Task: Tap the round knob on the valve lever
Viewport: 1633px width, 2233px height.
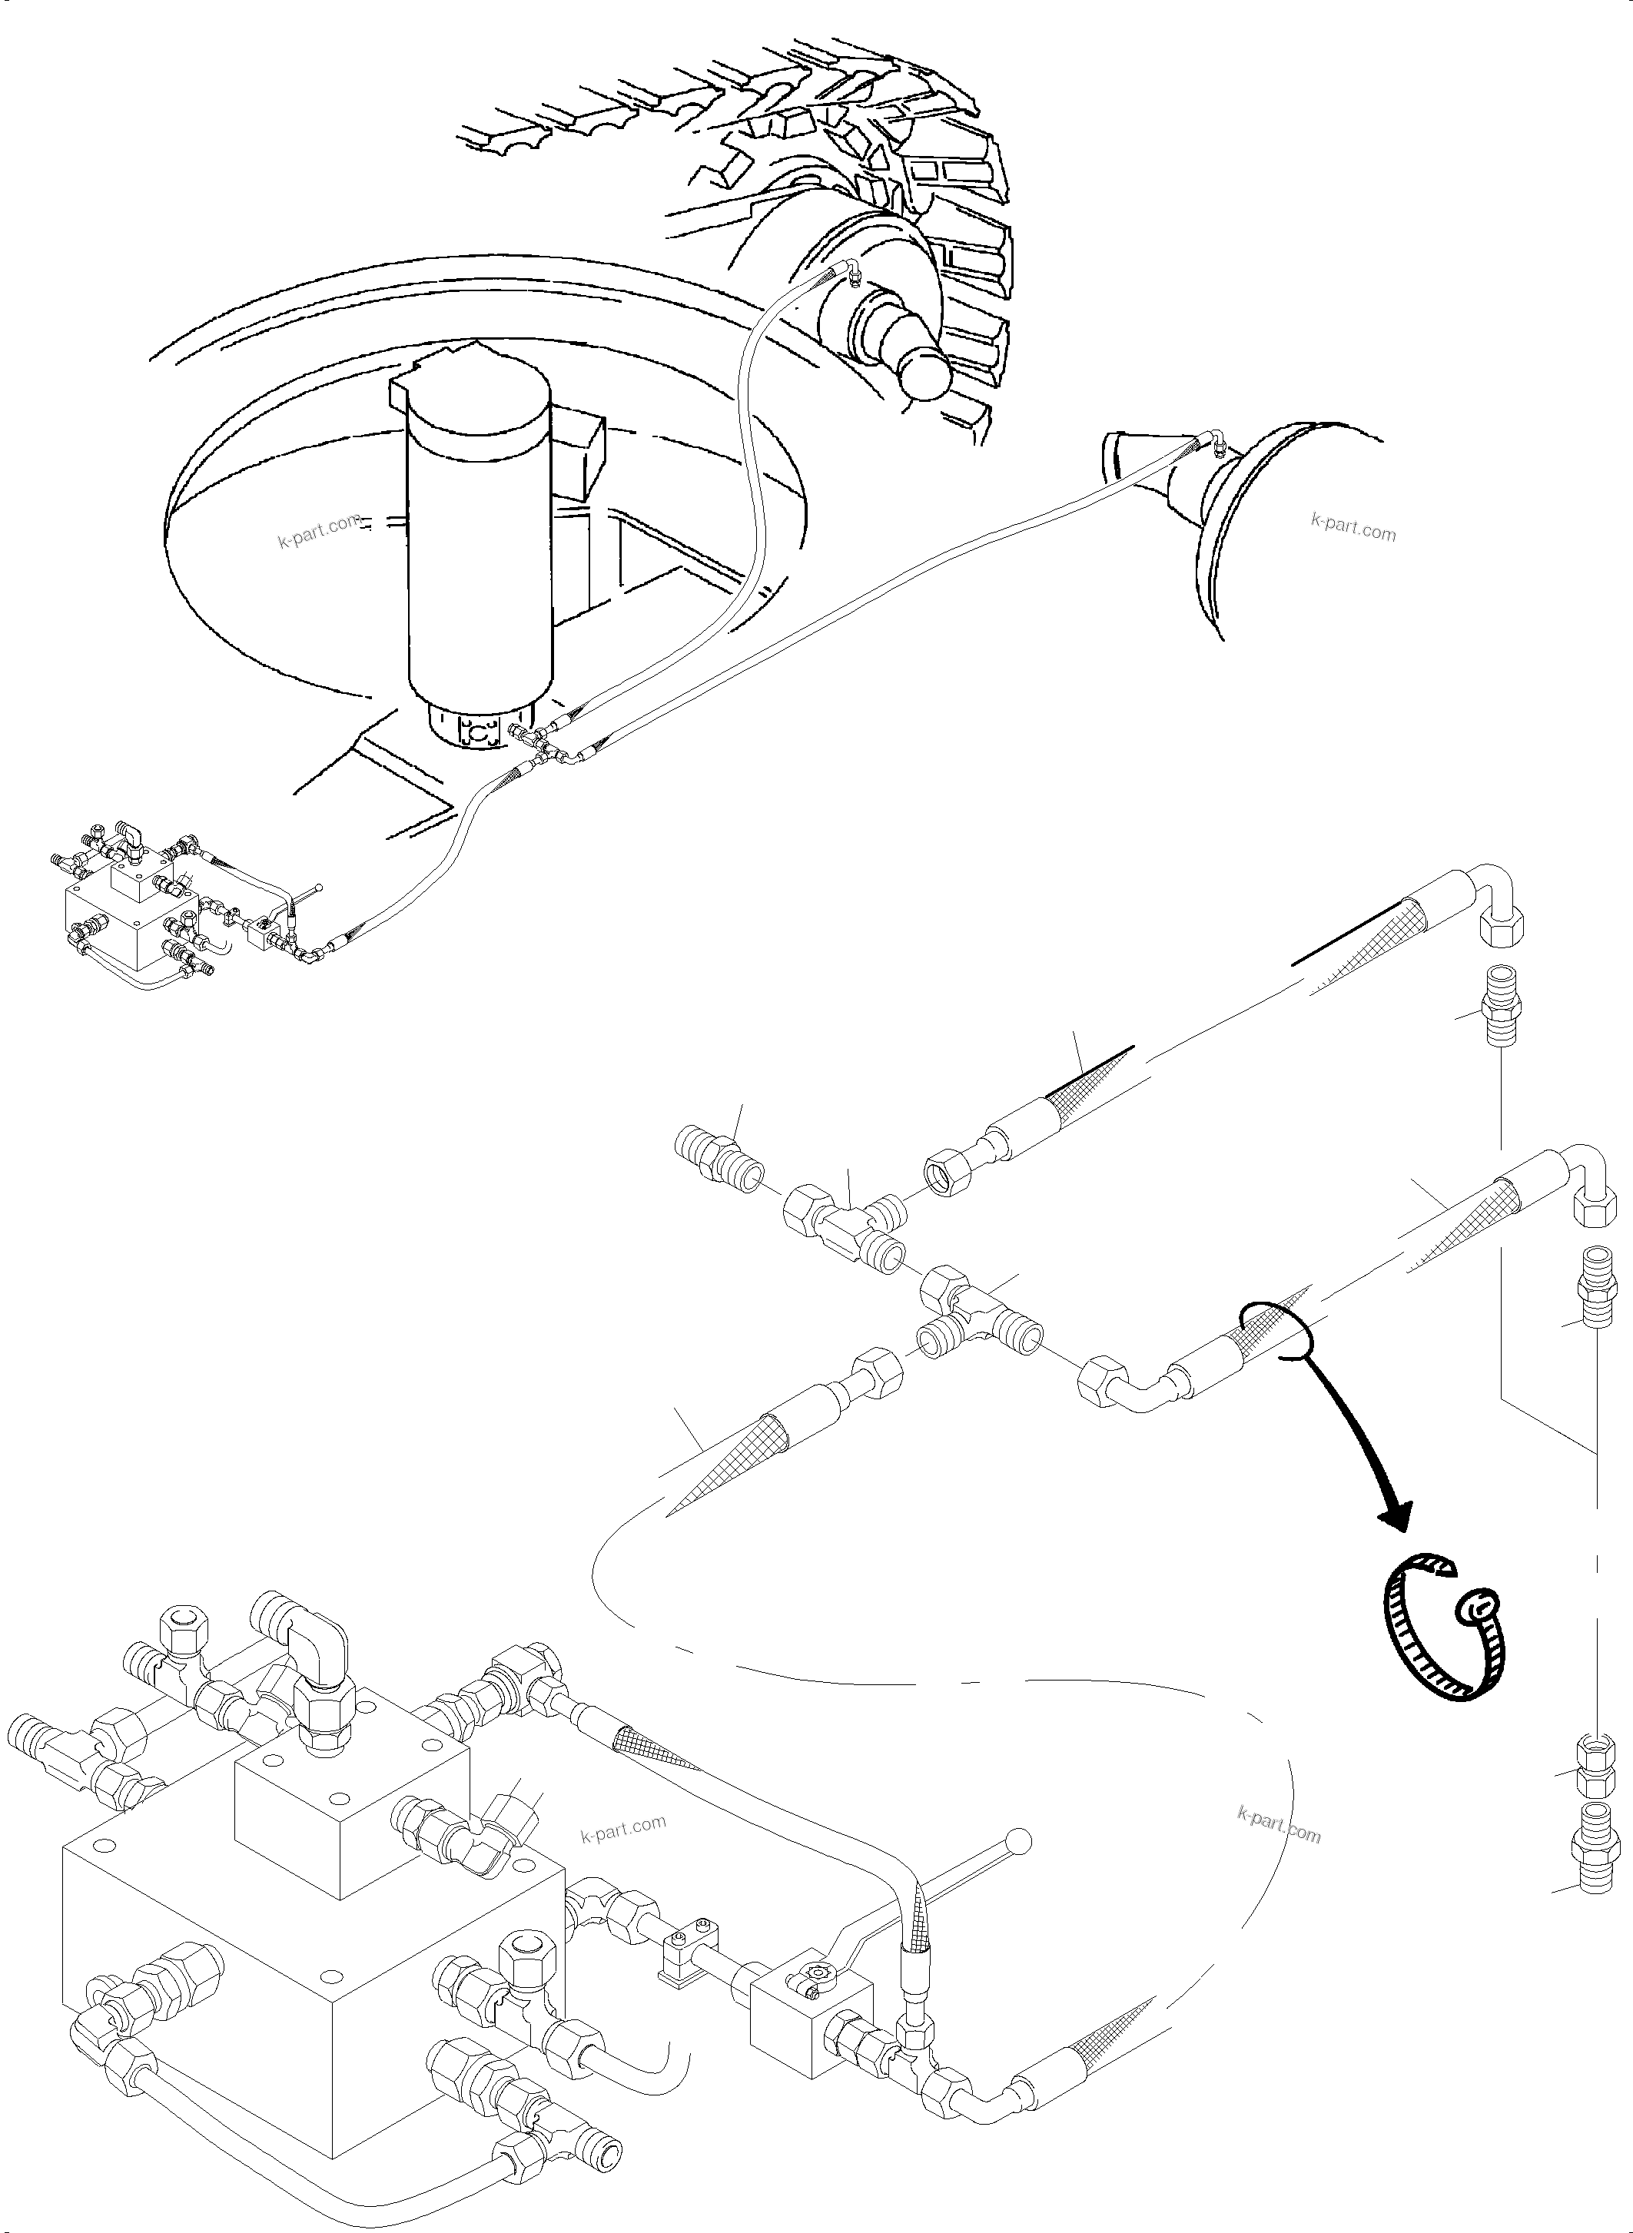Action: (1018, 1840)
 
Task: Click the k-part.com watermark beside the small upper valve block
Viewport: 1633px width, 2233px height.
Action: (622, 1829)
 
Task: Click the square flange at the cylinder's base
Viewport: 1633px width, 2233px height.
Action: (480, 734)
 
